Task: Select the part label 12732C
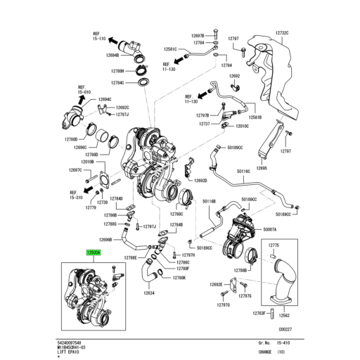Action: pos(282,32)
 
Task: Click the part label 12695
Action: pos(262,169)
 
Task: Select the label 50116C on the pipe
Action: pos(243,171)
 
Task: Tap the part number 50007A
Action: pos(270,229)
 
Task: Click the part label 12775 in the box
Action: pos(274,245)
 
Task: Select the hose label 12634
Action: pos(150,293)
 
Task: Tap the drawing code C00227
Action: pos(285,328)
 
